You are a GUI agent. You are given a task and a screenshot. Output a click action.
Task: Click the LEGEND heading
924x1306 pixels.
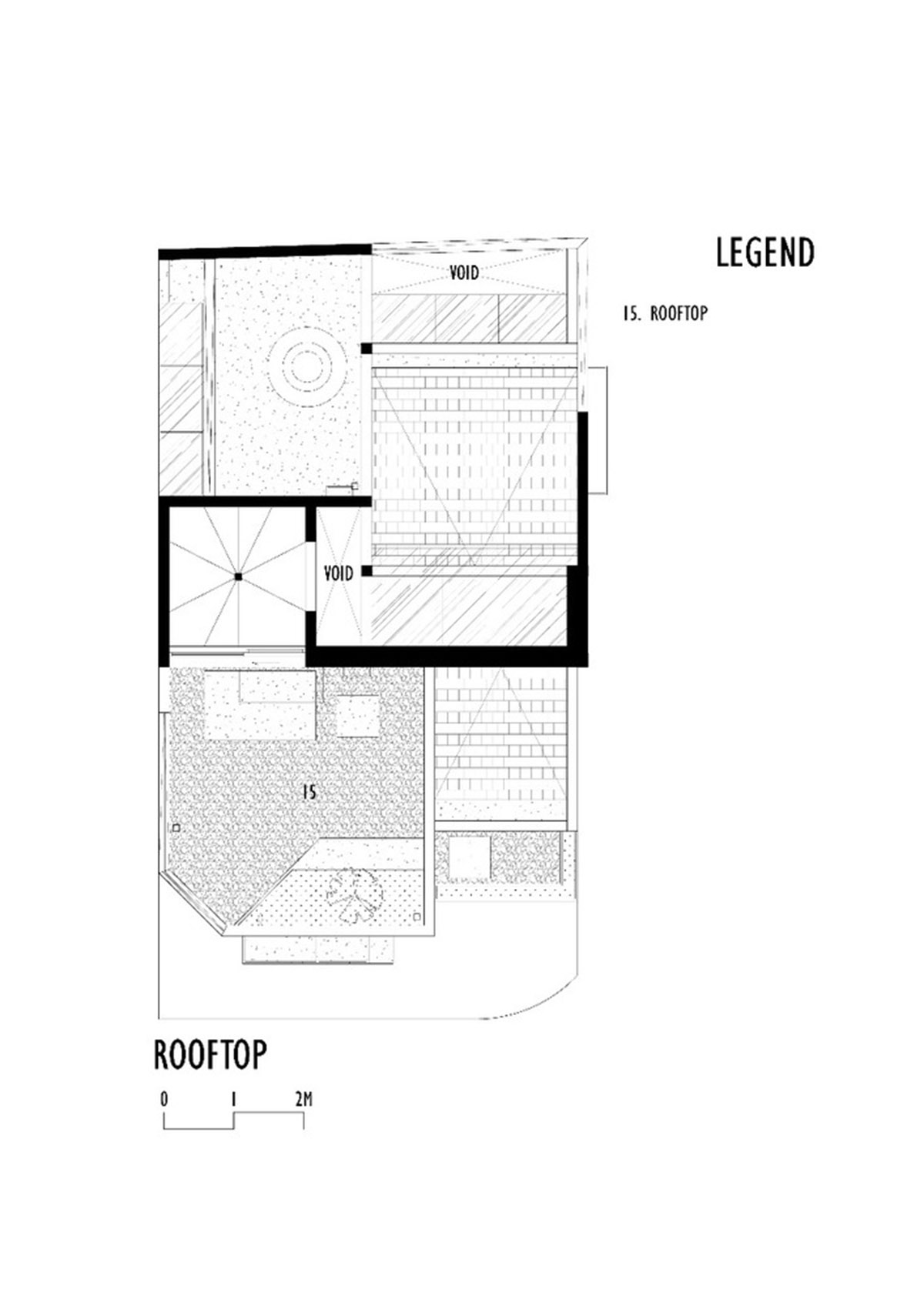[764, 252]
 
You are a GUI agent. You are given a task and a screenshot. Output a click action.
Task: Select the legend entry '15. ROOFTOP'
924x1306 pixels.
[665, 313]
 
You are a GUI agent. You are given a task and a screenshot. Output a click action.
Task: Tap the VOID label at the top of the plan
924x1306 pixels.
[464, 272]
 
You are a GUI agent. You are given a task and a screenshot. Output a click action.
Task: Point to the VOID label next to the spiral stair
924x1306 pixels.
[338, 573]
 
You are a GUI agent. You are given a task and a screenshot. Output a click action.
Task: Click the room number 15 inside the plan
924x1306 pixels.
[310, 792]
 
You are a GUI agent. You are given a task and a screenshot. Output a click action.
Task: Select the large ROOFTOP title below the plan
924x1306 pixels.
[210, 1054]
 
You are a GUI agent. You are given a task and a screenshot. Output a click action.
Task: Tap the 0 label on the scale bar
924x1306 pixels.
[164, 1099]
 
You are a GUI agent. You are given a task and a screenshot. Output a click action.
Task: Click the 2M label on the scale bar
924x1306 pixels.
[303, 1099]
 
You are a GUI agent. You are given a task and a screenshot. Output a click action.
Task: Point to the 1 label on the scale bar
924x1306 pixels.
[233, 1099]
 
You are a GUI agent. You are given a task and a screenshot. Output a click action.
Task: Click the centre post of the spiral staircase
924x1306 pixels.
[238, 577]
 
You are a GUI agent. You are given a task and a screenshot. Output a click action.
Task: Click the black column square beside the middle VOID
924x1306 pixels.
[367, 571]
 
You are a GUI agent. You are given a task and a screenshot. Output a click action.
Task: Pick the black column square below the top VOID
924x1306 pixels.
[367, 348]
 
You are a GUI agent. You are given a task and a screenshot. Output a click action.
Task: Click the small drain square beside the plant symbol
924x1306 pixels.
[417, 917]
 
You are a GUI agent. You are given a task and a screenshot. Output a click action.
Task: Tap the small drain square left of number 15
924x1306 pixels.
[176, 827]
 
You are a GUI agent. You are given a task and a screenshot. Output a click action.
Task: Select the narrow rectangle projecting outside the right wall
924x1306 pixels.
[598, 430]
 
